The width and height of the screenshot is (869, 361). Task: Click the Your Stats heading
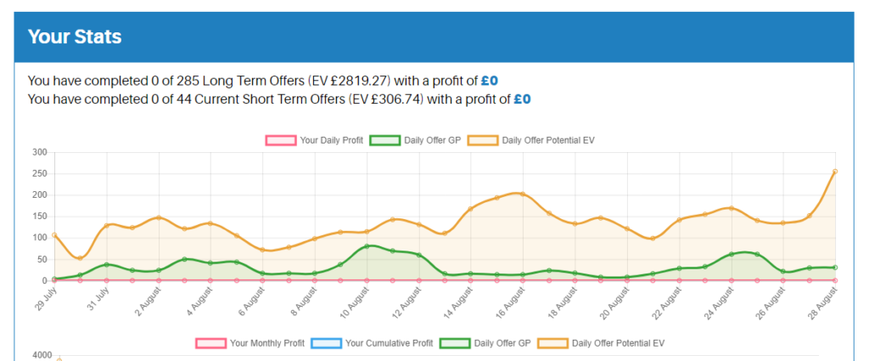point(75,37)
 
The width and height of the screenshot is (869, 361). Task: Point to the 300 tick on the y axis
point(39,153)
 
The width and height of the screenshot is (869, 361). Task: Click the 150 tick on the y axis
point(39,217)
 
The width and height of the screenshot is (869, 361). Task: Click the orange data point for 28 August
point(835,172)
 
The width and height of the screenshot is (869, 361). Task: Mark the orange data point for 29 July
point(53,235)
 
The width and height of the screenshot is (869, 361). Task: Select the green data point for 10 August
point(367,246)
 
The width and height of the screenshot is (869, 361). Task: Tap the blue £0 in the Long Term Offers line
point(490,82)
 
